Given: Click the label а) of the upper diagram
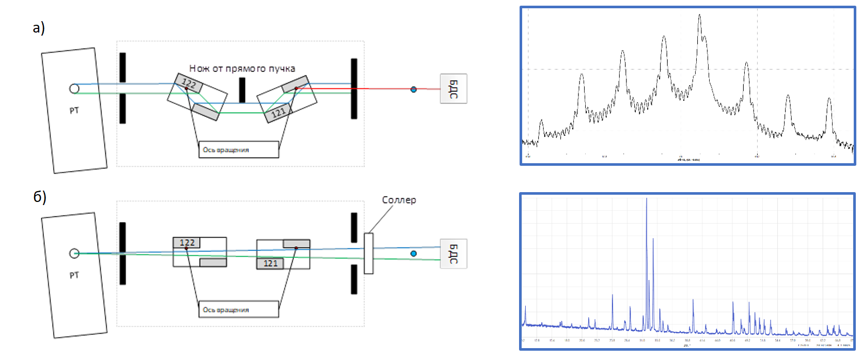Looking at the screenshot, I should pos(39,27).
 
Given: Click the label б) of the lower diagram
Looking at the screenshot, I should pos(40,197).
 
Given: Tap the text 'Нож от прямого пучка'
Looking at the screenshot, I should pos(242,68).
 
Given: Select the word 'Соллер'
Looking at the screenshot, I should pos(399,200).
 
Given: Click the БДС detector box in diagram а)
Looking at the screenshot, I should pos(453,89).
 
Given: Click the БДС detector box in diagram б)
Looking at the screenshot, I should pos(453,254).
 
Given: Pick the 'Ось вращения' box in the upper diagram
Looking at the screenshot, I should pos(238,150).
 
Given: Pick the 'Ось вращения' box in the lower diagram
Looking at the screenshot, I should pos(238,309).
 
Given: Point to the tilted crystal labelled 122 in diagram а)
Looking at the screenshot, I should pos(189,83).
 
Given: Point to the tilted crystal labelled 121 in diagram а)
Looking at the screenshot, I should pos(278,113).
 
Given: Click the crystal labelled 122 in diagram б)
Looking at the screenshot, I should pos(186,242).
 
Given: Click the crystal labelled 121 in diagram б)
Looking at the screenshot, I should pos(270,263).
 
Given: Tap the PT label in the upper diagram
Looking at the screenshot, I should pos(74,111).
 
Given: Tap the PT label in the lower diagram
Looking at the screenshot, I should pos(74,275).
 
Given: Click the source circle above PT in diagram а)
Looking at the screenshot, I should pos(74,89).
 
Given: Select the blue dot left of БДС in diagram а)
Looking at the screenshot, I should pos(413,89).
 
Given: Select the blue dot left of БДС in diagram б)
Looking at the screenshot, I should pos(413,254).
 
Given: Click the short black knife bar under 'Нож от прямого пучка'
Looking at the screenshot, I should pos(242,90).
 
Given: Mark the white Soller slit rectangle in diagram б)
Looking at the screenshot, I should pos(368,253).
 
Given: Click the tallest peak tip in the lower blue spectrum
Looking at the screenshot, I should pos(646,199).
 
